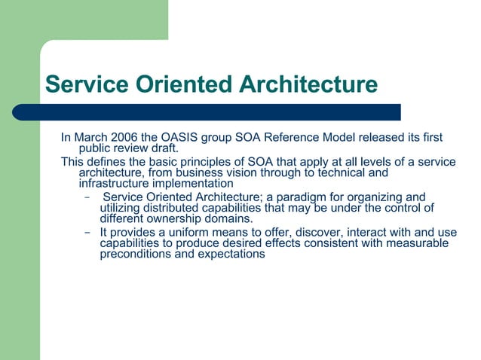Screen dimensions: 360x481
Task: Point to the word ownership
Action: tap(183, 218)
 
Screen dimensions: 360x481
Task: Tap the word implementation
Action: tap(194, 184)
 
